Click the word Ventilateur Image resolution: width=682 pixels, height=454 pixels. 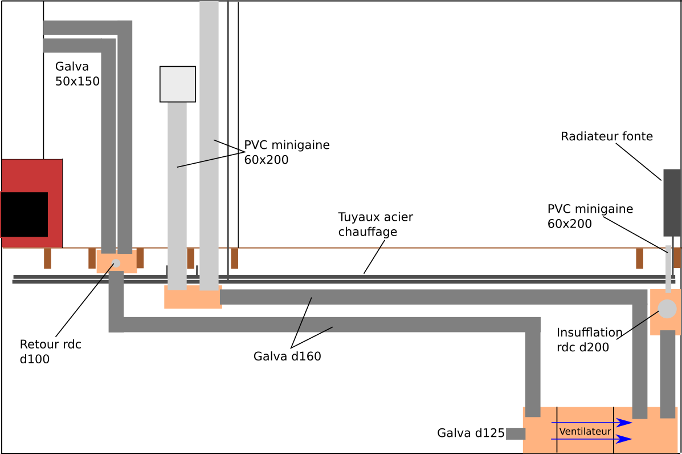pos(585,432)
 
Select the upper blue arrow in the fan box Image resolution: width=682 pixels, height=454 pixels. pos(593,423)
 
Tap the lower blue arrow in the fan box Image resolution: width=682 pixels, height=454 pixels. pos(593,439)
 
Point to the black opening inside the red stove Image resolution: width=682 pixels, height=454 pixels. pos(24,214)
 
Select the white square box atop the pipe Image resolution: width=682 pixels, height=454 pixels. pos(177,84)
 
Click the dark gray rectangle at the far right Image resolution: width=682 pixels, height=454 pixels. pos(671,202)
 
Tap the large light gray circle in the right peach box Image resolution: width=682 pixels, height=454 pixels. pos(667,309)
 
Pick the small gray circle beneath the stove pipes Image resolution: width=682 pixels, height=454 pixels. pos(116,263)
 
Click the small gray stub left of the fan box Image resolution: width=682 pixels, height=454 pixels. pos(515,433)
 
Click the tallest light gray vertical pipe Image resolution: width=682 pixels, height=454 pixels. pos(209,143)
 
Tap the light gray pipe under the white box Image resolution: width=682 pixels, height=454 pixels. pos(177,194)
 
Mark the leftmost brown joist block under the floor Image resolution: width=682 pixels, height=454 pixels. pos(47,258)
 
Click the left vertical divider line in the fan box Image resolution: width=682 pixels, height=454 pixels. pos(557,430)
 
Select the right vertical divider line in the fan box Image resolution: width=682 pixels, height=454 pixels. pos(613,430)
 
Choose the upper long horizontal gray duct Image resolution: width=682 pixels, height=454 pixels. pos(427,297)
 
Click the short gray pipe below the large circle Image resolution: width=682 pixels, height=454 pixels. pos(667,374)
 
